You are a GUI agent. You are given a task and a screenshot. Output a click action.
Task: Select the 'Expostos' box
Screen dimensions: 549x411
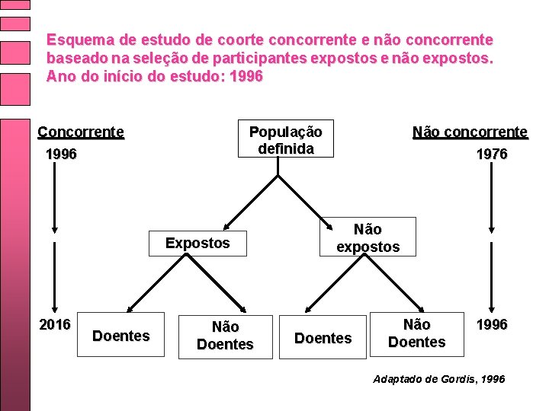(x=197, y=244)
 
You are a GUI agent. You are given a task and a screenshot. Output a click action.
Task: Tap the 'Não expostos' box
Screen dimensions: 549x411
(x=368, y=237)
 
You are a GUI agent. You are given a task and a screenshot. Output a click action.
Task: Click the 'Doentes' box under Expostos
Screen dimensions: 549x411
(x=120, y=336)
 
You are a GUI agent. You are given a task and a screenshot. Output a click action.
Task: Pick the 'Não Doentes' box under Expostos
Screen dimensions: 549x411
(x=224, y=336)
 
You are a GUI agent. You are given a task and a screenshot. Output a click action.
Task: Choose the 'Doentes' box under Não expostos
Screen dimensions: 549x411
(x=323, y=337)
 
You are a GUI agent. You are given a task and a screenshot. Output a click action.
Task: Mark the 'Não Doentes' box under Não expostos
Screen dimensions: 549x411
(x=416, y=334)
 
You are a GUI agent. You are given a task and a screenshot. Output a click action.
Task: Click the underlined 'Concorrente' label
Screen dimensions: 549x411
(x=81, y=132)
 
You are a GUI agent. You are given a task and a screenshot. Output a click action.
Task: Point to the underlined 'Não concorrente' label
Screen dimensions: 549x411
(x=470, y=132)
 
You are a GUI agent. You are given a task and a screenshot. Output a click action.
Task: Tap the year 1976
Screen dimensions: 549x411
(x=491, y=155)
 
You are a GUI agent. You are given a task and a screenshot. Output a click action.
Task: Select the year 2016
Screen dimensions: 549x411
(x=54, y=325)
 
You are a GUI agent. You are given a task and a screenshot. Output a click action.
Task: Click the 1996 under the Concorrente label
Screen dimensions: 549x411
(x=61, y=155)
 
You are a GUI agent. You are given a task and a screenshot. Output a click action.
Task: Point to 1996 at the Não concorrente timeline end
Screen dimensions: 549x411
(x=491, y=325)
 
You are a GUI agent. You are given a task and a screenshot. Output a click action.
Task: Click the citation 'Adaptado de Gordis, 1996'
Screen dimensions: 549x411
(x=438, y=378)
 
